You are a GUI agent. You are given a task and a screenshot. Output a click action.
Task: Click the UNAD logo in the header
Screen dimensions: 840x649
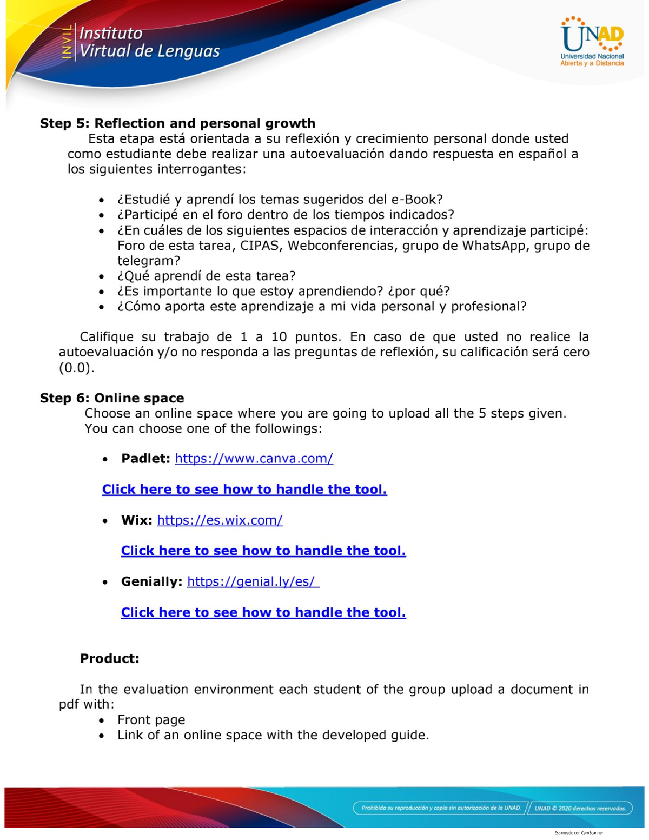592,42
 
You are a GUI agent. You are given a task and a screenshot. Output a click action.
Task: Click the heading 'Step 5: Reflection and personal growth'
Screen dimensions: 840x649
177,123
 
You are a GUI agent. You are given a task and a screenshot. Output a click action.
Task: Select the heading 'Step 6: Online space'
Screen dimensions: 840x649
112,398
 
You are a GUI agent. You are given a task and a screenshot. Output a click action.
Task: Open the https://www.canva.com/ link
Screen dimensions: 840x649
254,459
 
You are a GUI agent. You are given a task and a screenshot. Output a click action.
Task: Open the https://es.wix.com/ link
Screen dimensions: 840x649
220,520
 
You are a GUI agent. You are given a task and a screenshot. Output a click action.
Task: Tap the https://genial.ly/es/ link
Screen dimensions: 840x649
253,582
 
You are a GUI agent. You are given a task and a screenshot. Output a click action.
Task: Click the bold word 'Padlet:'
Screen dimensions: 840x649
145,459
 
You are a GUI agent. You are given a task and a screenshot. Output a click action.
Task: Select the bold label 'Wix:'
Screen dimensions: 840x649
136,520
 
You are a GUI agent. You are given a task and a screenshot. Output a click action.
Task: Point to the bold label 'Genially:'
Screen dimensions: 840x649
151,582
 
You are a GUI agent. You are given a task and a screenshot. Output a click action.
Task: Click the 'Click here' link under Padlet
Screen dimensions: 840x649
244,490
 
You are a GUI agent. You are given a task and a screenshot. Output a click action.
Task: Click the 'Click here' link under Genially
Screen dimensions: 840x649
263,612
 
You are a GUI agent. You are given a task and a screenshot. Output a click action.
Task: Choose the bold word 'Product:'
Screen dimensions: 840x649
110,658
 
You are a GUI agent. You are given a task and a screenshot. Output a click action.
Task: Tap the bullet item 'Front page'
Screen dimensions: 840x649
151,720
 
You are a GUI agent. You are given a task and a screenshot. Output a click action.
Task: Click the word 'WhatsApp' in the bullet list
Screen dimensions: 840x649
495,246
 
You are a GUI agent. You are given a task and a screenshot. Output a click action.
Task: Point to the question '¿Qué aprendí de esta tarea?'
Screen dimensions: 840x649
206,276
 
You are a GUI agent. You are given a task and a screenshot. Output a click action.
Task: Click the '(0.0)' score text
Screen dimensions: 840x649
76,368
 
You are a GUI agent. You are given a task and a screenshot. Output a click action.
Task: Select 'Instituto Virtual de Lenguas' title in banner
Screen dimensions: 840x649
149,42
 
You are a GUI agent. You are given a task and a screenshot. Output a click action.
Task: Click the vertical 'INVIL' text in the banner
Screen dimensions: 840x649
67,42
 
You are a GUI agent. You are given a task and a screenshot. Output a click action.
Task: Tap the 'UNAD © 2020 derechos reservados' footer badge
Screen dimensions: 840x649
580,808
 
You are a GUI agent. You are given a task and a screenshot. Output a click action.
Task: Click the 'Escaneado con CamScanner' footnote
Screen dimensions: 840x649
578,832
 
